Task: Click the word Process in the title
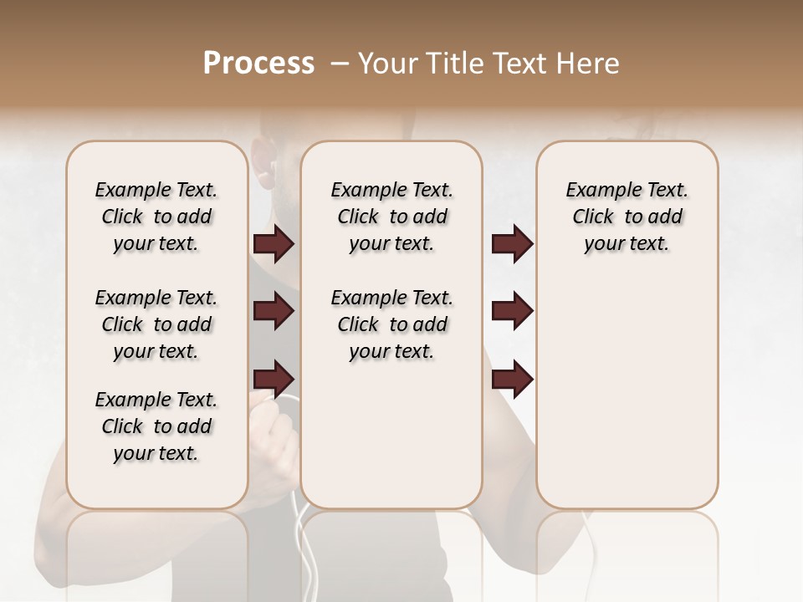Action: coord(258,64)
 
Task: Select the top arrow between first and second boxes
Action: coord(274,243)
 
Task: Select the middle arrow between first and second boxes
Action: coord(274,311)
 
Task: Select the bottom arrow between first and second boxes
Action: coord(274,379)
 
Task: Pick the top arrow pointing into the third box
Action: coord(512,243)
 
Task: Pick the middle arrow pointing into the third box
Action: coord(512,311)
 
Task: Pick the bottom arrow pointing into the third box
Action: coord(512,379)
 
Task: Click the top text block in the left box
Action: coord(156,217)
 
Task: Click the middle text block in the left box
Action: coord(156,324)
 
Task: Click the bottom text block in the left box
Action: coord(156,426)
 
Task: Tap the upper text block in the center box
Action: coord(391,217)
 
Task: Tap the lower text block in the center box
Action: coord(391,324)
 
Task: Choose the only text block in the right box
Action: coord(627,217)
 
